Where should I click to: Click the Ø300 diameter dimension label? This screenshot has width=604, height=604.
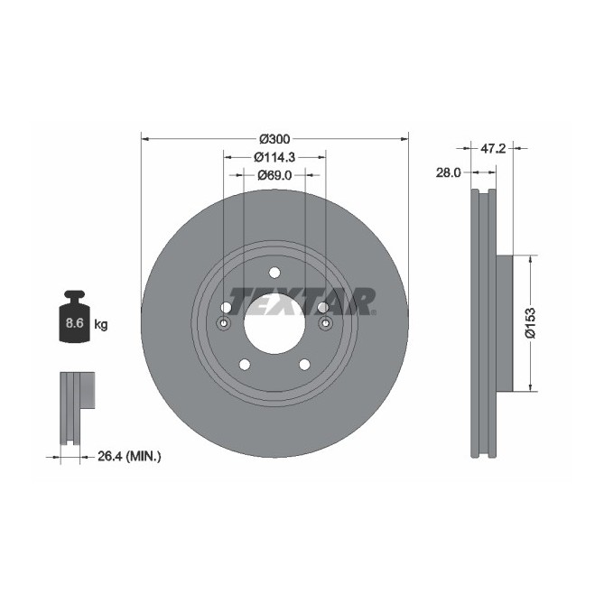click(274, 139)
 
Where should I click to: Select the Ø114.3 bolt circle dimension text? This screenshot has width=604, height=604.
click(274, 157)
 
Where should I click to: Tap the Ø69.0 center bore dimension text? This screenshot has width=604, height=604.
click(274, 175)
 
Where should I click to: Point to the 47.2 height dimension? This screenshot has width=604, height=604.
click(492, 147)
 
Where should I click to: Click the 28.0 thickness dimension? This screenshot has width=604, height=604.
click(449, 172)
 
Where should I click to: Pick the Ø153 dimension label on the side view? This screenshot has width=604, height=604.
click(533, 323)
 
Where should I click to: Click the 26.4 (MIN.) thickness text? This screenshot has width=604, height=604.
click(129, 458)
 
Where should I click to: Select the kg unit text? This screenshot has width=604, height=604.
click(101, 324)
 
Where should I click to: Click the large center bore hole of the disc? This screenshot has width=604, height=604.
click(274, 323)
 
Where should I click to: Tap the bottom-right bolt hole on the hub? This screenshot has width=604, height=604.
click(304, 364)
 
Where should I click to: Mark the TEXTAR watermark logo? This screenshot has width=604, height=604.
click(302, 299)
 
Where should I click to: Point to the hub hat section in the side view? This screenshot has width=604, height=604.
click(504, 323)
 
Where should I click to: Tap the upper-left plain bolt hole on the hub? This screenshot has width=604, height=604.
click(227, 308)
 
